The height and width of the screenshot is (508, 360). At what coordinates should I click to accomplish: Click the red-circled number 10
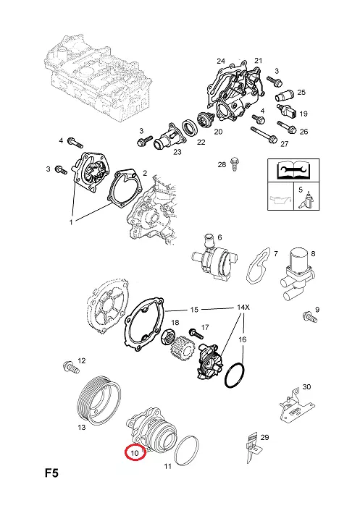(x=135, y=453)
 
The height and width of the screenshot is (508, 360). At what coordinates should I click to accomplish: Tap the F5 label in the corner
(x=51, y=473)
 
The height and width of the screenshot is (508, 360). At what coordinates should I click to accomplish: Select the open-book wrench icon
(x=293, y=170)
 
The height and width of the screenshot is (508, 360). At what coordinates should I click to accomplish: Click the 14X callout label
(x=243, y=307)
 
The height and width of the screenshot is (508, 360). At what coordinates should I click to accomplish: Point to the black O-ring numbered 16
(x=234, y=375)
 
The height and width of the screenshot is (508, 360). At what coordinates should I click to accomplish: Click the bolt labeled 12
(x=71, y=367)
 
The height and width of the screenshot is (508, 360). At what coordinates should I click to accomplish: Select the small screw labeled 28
(x=234, y=164)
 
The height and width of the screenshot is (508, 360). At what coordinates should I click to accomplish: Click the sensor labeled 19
(x=286, y=111)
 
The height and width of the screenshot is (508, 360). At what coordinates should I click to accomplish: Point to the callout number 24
(x=221, y=61)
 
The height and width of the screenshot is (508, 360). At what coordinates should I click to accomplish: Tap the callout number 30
(x=306, y=387)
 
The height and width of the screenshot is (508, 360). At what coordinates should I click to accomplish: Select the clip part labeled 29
(x=252, y=447)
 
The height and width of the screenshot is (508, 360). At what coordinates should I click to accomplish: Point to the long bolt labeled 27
(x=264, y=135)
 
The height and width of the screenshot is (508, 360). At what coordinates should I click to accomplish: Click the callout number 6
(x=219, y=237)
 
